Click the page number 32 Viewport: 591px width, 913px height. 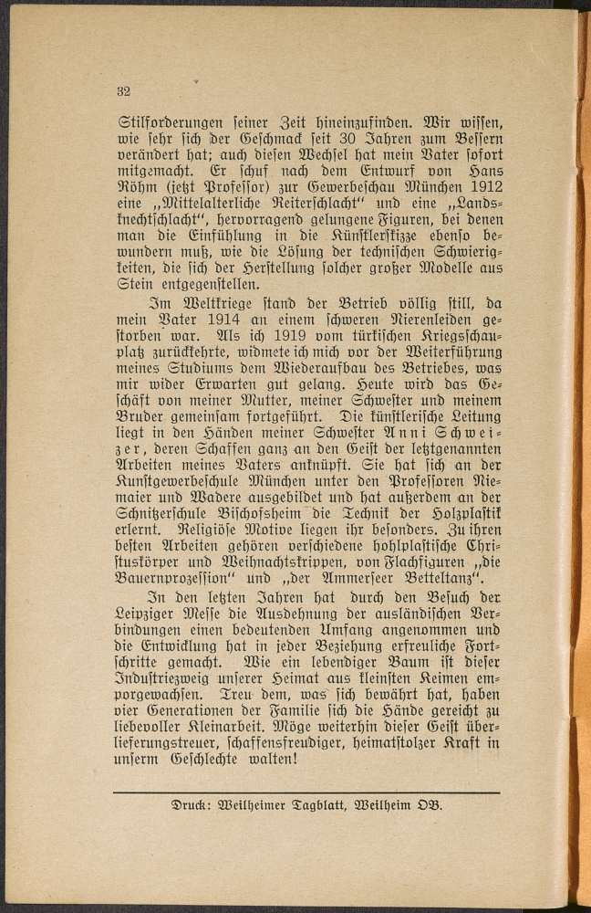(125, 89)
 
